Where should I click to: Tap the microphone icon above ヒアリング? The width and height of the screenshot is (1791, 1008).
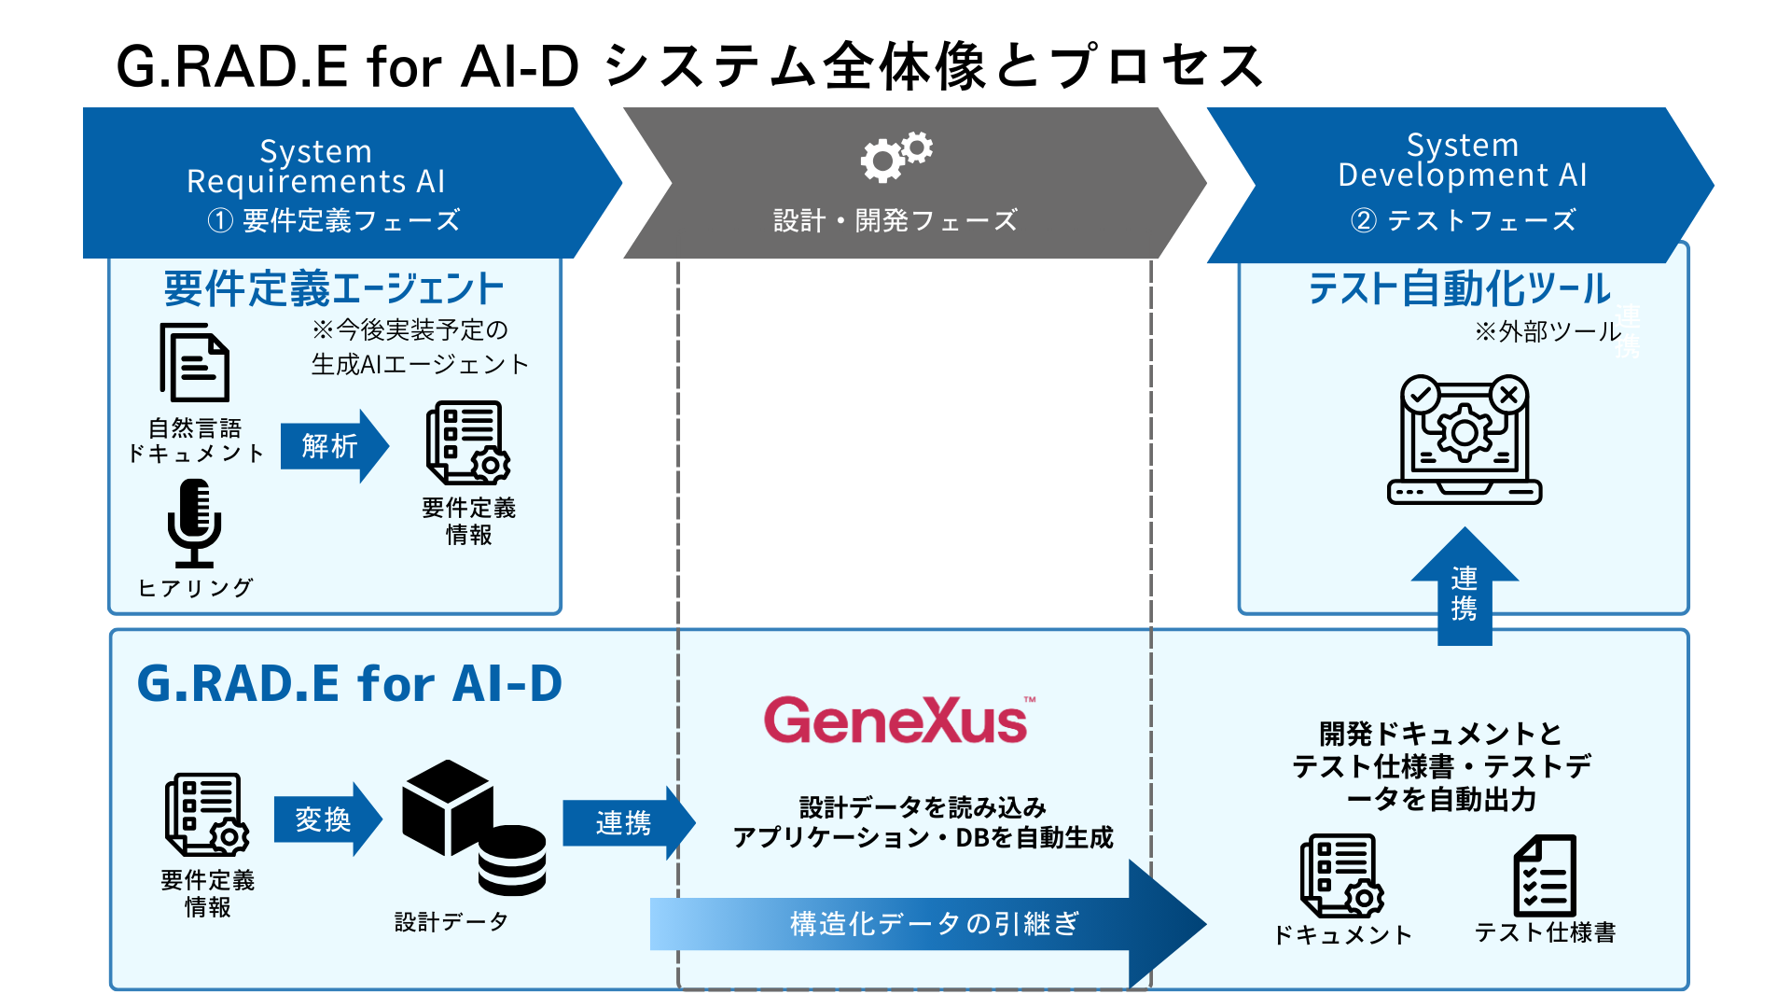[194, 523]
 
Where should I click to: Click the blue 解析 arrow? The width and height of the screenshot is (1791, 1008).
[334, 446]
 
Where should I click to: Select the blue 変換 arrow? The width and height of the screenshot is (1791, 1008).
[327, 819]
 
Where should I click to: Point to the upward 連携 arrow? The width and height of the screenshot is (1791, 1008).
[1465, 587]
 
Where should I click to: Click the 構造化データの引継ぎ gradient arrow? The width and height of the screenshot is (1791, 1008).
[928, 924]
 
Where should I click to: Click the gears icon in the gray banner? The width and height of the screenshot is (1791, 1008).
[896, 156]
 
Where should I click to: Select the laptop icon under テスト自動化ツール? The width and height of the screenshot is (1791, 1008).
[1465, 440]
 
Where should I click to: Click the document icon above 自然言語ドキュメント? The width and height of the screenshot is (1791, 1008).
[194, 362]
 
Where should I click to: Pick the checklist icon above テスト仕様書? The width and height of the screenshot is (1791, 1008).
[1545, 875]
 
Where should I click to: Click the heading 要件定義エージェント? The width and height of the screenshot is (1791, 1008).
[334, 288]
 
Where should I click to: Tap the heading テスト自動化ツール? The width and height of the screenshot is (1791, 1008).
[1459, 288]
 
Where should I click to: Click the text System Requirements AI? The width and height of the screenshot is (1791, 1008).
[316, 166]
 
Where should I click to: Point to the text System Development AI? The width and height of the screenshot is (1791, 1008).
[1463, 160]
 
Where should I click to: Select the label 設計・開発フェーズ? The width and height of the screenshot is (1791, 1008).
[895, 220]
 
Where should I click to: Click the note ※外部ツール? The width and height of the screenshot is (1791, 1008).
[1548, 331]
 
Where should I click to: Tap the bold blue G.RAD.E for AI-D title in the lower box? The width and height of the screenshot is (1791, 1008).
[350, 683]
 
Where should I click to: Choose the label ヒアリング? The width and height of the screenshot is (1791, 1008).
[195, 587]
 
